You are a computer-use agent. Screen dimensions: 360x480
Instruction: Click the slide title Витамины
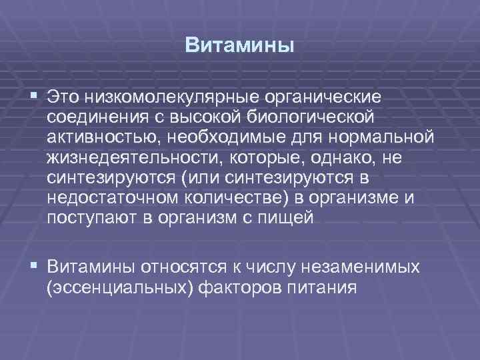click(x=239, y=46)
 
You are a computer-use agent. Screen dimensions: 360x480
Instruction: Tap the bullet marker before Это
click(x=34, y=97)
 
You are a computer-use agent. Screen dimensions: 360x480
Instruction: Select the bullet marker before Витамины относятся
click(x=34, y=267)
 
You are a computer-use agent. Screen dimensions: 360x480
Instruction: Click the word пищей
click(x=288, y=219)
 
